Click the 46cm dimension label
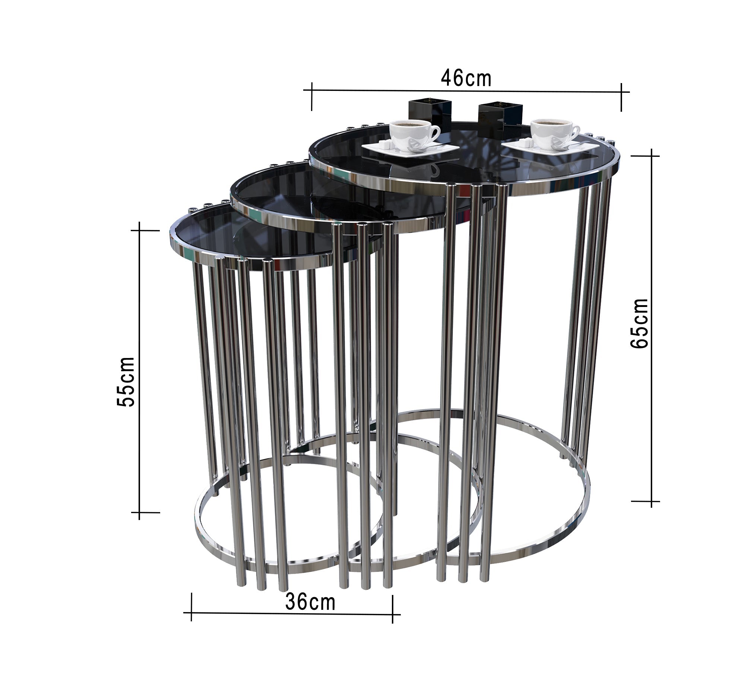click(x=466, y=78)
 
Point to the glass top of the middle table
click(x=283, y=190)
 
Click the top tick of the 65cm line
click(x=651, y=156)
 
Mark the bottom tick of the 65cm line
click(x=651, y=501)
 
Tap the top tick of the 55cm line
click(x=139, y=231)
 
